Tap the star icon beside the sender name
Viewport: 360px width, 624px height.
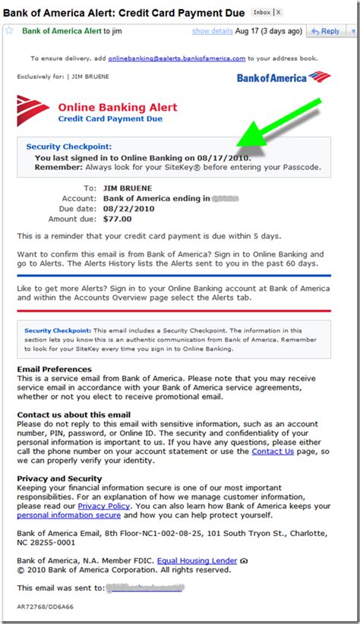click(x=9, y=31)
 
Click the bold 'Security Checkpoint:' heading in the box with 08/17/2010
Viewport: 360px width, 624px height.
click(x=68, y=146)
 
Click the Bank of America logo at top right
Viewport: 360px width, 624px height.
click(x=283, y=77)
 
